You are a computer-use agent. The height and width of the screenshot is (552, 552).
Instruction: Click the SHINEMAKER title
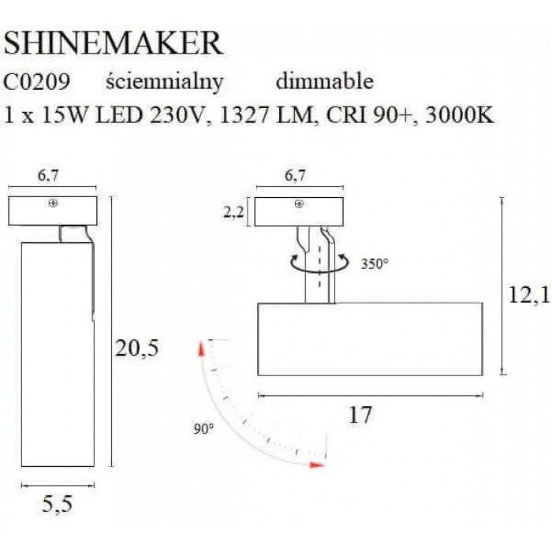click(114, 43)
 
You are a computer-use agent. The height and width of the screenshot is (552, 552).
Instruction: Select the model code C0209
click(36, 82)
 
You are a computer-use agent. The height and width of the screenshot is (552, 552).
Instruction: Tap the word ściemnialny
click(164, 83)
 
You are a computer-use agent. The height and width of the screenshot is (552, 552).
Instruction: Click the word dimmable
click(325, 81)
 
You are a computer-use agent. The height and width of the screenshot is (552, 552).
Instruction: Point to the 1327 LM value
click(267, 115)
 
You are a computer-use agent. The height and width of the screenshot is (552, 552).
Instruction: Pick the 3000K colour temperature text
click(460, 115)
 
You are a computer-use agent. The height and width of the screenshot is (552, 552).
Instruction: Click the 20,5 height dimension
click(137, 349)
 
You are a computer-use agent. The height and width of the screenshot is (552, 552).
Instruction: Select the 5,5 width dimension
click(58, 504)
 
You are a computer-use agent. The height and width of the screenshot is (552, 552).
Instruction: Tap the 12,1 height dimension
click(528, 295)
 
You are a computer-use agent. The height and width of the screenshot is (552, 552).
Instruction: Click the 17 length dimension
click(360, 415)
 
